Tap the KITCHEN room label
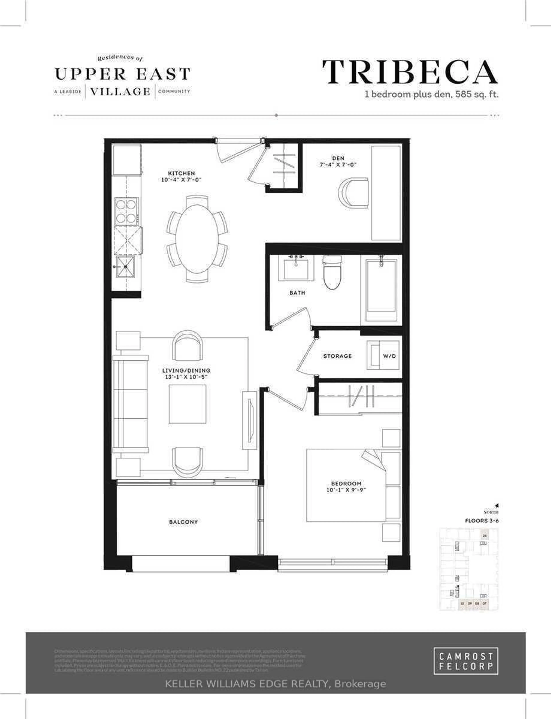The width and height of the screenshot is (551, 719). point(181,173)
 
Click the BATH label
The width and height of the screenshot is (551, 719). point(297,293)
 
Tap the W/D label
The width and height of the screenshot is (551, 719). point(389,356)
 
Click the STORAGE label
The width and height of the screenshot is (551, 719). point(337,356)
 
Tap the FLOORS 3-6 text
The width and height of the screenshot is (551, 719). point(481,520)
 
